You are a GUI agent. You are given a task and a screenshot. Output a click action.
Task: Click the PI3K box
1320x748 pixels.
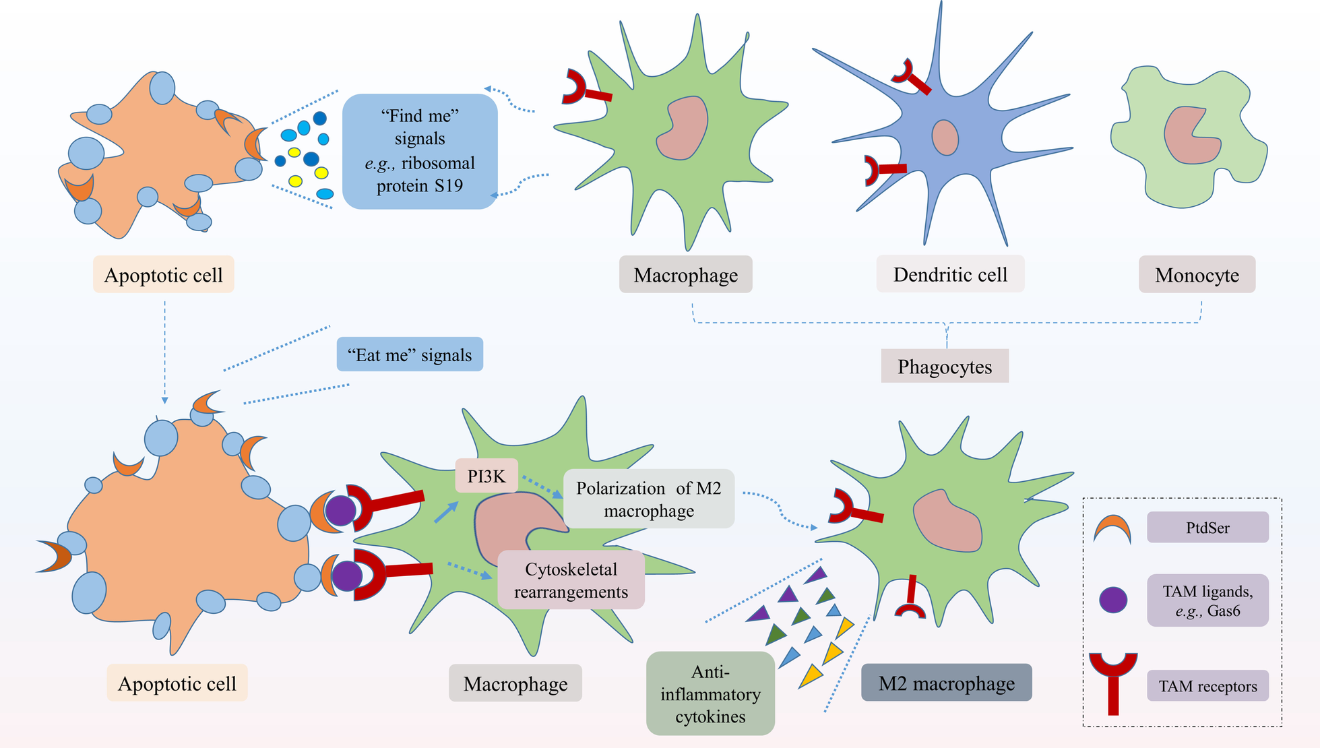pos(486,476)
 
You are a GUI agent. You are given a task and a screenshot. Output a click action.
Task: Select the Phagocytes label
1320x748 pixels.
pos(945,366)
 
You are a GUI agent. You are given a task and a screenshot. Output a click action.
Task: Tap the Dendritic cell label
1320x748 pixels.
pos(950,274)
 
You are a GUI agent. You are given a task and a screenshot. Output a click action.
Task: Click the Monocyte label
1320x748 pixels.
pos(1197,274)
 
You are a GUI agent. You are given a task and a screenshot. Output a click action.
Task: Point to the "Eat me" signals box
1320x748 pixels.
pos(410,354)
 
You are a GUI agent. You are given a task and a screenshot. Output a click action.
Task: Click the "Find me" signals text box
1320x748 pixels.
pos(420,151)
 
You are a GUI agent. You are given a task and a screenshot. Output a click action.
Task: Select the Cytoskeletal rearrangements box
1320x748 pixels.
pos(571,580)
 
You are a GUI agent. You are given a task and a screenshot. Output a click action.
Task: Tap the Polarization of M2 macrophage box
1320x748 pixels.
pos(649,499)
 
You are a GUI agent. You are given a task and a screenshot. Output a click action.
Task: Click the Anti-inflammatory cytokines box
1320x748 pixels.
pos(710,693)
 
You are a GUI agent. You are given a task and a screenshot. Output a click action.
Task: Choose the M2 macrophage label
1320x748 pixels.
pos(947,683)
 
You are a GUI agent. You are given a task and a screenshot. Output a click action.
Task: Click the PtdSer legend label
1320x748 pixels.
pos(1207,527)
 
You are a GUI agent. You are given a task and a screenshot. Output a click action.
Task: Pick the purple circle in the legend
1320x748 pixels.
pos(1113,600)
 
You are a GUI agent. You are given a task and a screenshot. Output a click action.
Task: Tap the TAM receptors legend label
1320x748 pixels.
pos(1207,685)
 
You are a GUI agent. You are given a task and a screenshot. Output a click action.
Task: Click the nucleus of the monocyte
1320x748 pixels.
pos(1190,135)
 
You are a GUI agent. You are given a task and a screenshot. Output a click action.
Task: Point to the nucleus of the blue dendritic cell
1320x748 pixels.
pos(945,137)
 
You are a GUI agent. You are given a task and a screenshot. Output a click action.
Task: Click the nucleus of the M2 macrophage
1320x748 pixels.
pos(947,520)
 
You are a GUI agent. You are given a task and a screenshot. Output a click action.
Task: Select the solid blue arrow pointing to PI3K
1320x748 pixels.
pos(446,512)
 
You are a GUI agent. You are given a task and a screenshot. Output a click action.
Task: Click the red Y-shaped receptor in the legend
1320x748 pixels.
pos(1113,682)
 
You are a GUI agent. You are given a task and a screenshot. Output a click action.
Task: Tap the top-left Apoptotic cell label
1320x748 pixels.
pos(163,274)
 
